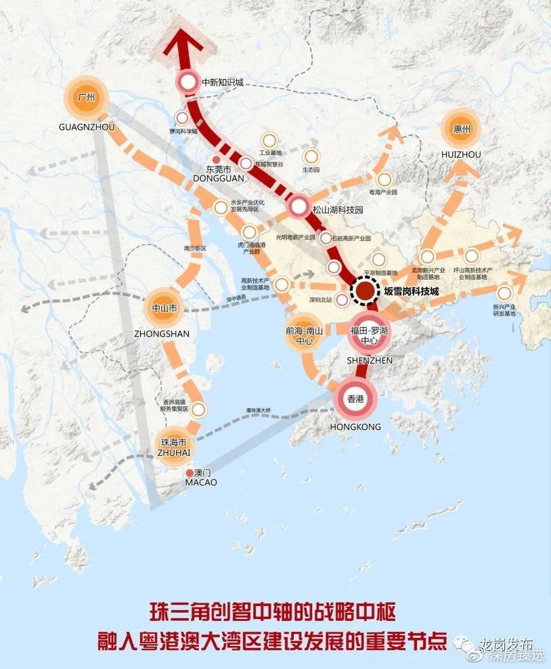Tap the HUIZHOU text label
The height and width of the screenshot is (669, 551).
pyautogui.click(x=460, y=154)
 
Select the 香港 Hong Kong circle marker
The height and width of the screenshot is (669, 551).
pyautogui.click(x=355, y=399)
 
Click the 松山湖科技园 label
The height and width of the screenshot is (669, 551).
pyautogui.click(x=338, y=210)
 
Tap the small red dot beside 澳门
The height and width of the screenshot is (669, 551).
pyautogui.click(x=189, y=472)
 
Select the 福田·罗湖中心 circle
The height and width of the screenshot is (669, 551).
pyautogui.click(x=368, y=334)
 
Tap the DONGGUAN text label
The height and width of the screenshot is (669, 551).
pyautogui.click(x=217, y=178)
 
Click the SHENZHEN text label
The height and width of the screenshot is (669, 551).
pyautogui.click(x=369, y=361)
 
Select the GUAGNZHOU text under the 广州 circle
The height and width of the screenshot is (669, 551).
pyautogui.click(x=87, y=127)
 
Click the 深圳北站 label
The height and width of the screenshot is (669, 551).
pyautogui.click(x=320, y=300)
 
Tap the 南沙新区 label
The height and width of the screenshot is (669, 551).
pyautogui.click(x=194, y=249)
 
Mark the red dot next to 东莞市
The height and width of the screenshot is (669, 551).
pyautogui.click(x=216, y=160)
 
